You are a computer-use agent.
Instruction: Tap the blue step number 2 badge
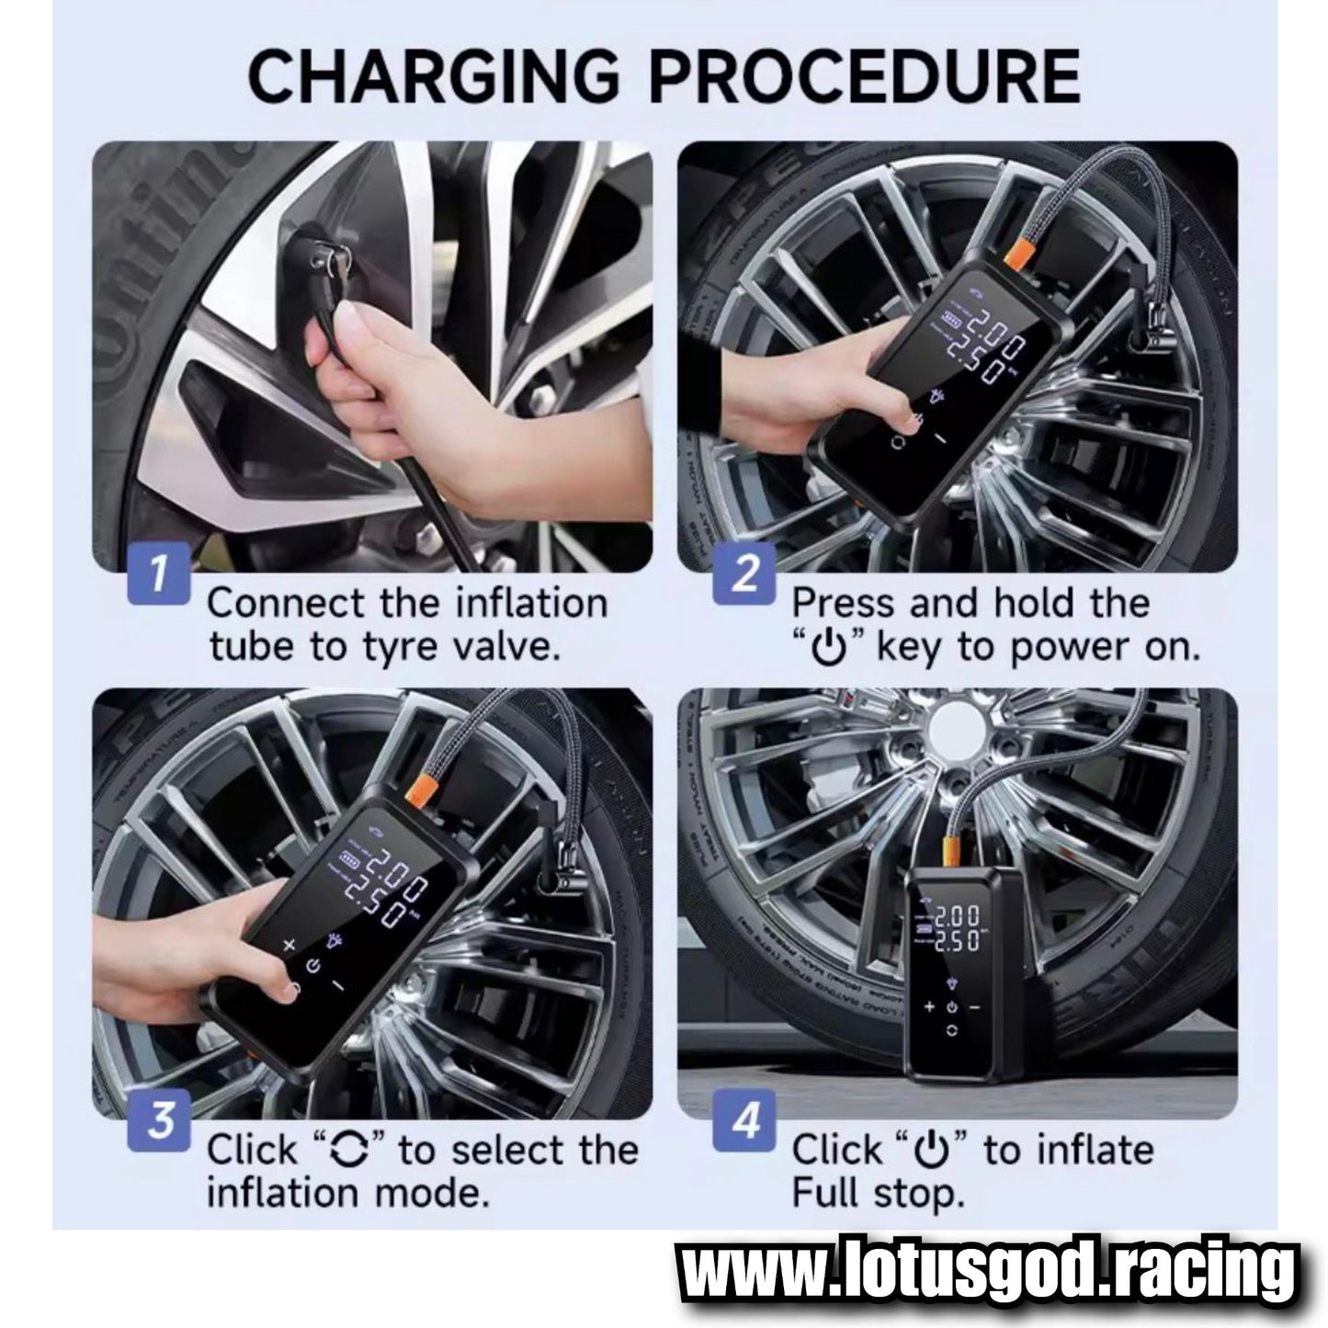(x=745, y=574)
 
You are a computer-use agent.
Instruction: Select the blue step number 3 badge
(x=161, y=1121)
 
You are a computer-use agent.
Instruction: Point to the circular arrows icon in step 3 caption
(x=349, y=1151)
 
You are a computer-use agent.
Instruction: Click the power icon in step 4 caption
(x=934, y=1151)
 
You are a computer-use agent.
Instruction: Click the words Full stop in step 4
(x=877, y=1194)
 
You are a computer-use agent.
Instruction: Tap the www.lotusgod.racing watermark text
(x=986, y=1274)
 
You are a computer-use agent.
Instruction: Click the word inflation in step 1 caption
(x=519, y=604)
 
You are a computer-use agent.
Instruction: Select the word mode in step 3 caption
(x=432, y=1194)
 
